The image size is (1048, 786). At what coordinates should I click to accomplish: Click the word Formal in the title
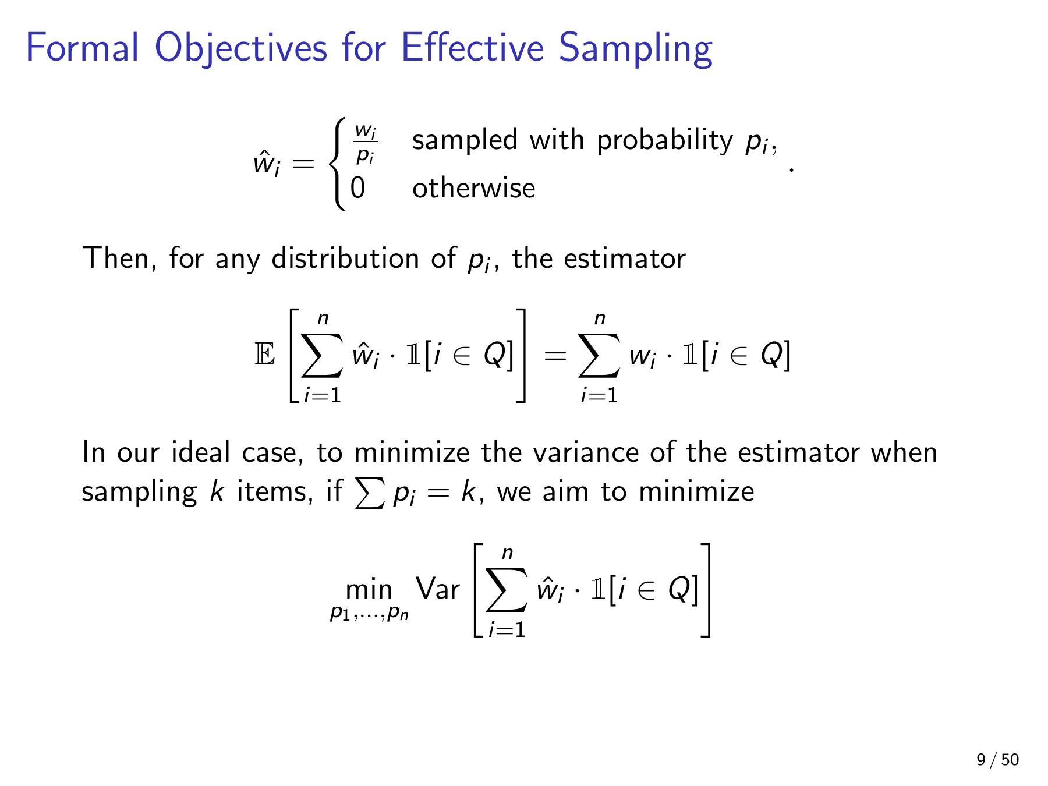click(x=83, y=47)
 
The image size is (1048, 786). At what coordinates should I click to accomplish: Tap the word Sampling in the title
click(x=635, y=49)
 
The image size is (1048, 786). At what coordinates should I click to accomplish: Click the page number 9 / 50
click(x=997, y=759)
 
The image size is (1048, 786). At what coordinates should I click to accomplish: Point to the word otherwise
click(x=473, y=188)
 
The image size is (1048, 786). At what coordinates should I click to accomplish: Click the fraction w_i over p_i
click(x=365, y=144)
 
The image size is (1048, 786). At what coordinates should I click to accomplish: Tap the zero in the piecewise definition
click(x=357, y=188)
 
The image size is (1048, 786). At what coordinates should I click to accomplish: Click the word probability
click(x=665, y=141)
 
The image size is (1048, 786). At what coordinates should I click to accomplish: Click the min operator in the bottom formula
click(x=369, y=590)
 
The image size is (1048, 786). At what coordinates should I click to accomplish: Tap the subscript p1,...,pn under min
click(x=369, y=613)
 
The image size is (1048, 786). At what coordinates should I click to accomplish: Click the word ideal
click(x=200, y=452)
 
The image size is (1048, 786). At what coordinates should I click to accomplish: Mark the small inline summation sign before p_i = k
click(x=370, y=493)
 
